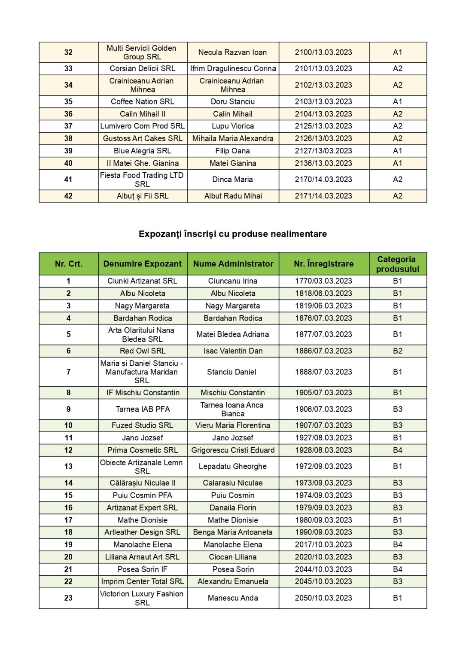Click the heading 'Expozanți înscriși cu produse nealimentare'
point(232,234)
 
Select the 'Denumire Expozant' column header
point(142,264)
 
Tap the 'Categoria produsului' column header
point(397,264)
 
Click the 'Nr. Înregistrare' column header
point(323,264)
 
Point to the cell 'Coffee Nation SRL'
point(142,102)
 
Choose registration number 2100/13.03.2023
point(323,52)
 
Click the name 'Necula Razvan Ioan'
point(232,52)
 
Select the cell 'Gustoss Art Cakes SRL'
point(142,138)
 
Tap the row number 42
point(68,196)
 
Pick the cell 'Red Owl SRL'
point(142,351)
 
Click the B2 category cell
point(397,351)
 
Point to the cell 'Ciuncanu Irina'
point(232,281)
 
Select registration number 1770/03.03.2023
point(323,281)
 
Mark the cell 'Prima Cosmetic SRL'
point(142,450)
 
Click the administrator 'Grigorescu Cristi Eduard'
point(232,450)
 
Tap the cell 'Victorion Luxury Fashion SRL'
point(142,598)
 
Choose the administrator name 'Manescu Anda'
point(232,598)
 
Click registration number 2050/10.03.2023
point(323,598)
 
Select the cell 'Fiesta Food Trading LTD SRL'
point(142,180)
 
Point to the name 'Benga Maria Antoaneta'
point(232,532)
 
